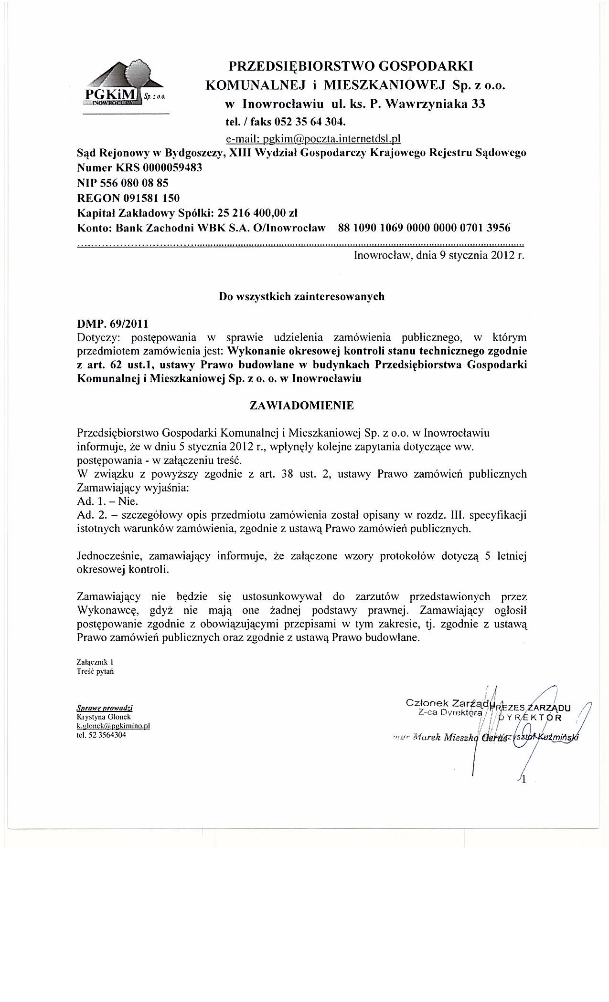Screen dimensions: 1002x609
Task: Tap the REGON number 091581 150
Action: (153, 198)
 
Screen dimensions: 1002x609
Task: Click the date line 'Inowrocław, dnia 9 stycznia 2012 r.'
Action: (439, 255)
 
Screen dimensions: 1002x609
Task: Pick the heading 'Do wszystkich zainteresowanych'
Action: (301, 296)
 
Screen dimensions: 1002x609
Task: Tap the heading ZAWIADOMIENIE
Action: (302, 406)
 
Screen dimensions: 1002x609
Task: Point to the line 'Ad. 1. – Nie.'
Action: (107, 501)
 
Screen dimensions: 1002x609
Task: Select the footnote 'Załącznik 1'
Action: (95, 663)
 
